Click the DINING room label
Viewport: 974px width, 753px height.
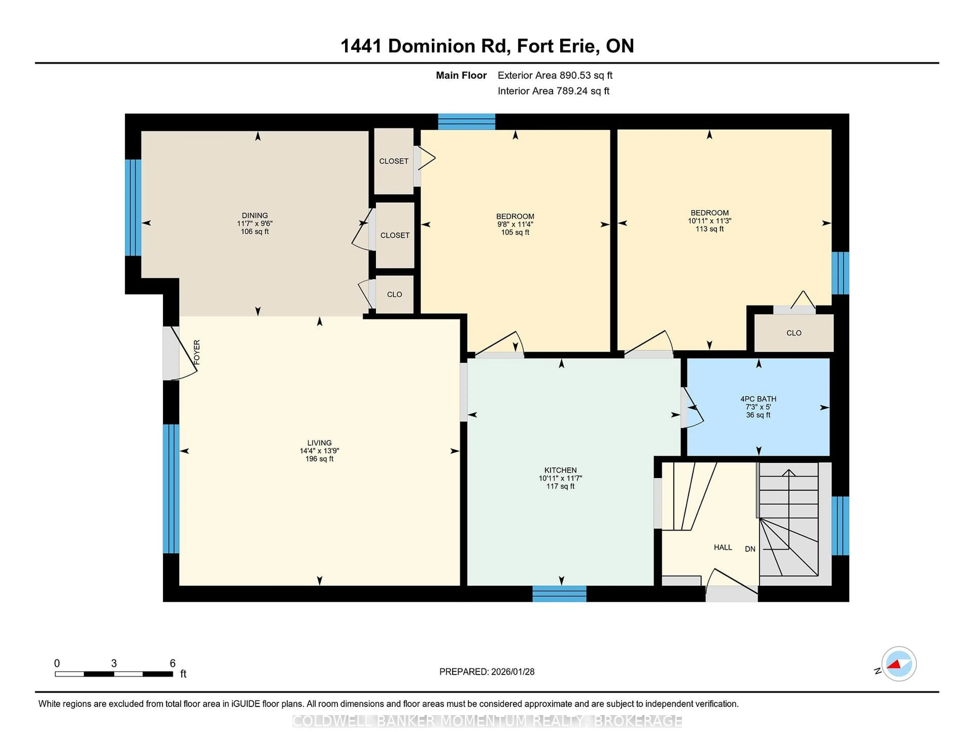(255, 215)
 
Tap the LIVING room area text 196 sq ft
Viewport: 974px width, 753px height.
(319, 459)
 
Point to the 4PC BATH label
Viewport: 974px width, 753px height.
(758, 399)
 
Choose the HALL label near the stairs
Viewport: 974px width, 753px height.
(722, 547)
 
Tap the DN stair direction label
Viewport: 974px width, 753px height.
(750, 549)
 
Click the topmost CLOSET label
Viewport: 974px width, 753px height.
(393, 161)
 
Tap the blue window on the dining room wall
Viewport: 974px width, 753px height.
(133, 208)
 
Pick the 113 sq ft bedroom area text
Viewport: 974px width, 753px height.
(709, 229)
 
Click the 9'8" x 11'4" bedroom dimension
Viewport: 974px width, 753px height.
(515, 224)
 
